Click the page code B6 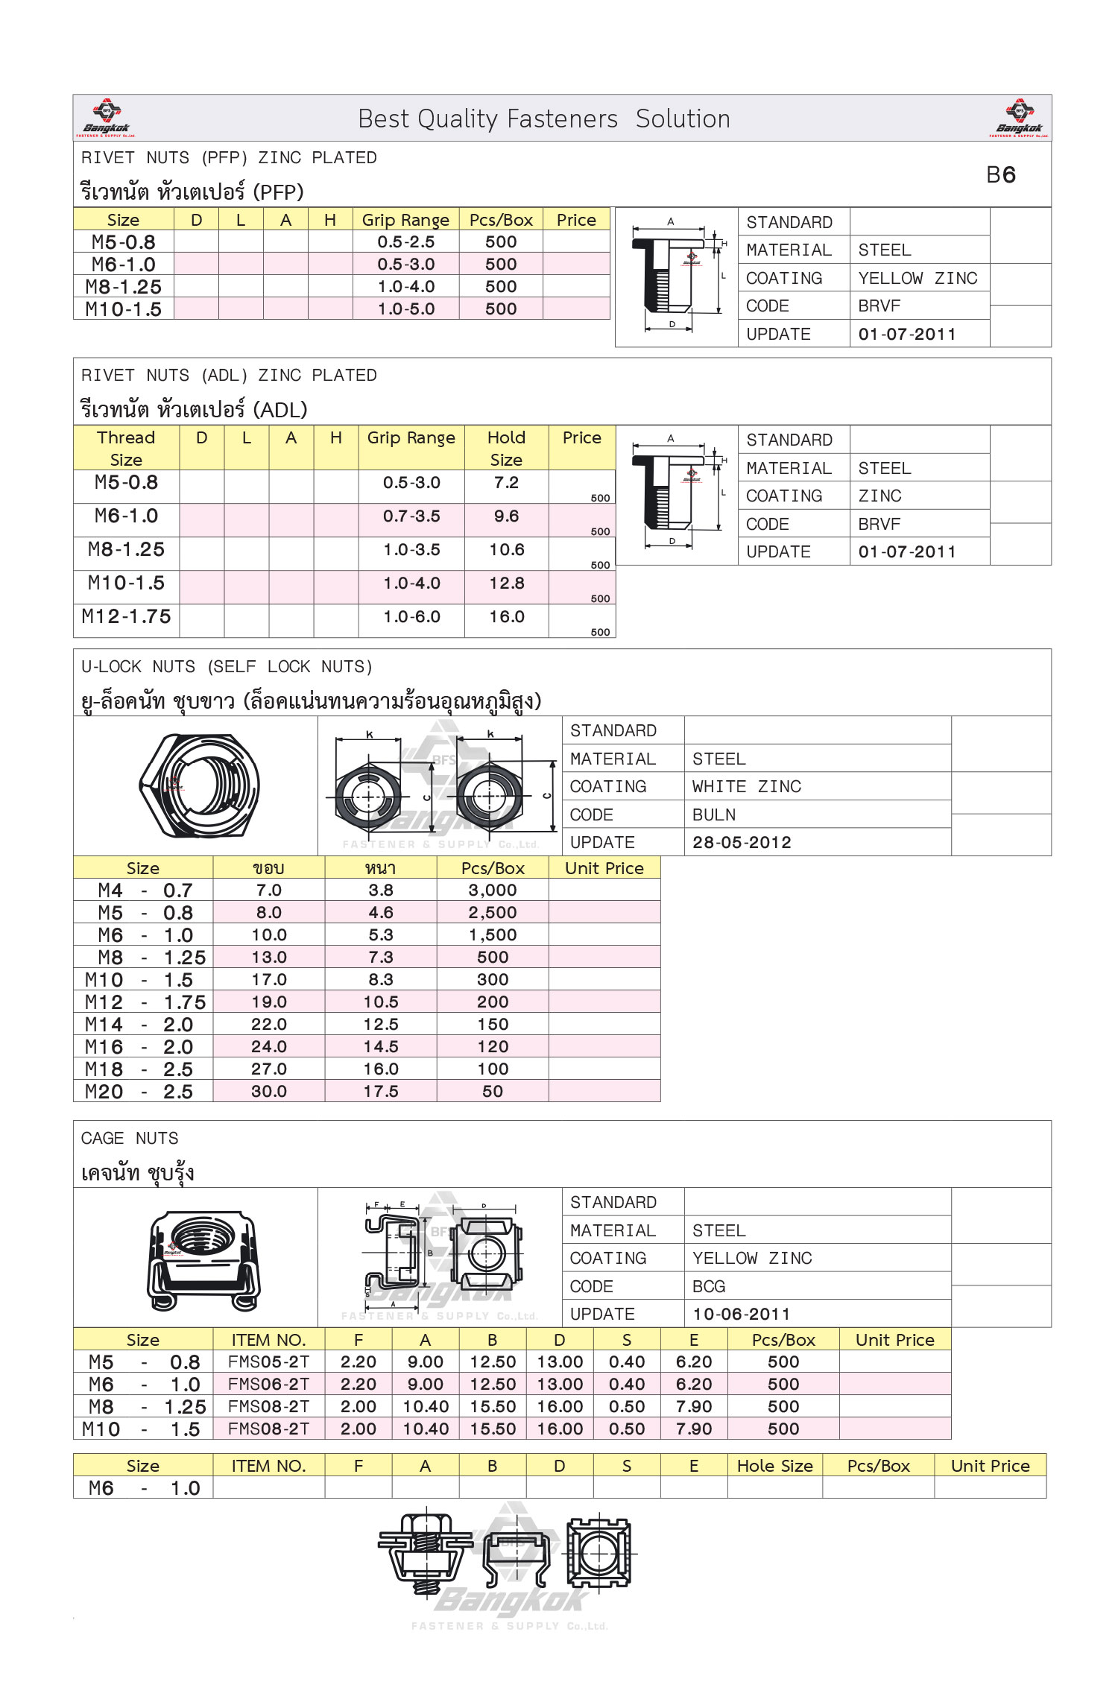(1000, 175)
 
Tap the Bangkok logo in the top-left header (106, 118)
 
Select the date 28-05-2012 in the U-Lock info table (742, 843)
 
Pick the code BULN (714, 815)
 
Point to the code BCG (709, 1286)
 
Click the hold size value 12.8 (507, 583)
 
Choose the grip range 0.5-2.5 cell (405, 242)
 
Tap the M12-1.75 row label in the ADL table (127, 617)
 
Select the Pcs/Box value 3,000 (493, 891)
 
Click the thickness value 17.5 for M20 (381, 1092)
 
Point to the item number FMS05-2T (268, 1362)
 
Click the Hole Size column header (774, 1466)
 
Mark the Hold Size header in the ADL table (506, 448)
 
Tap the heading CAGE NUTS (130, 1139)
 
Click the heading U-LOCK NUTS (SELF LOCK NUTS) (227, 667)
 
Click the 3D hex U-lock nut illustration (200, 785)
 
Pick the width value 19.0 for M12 (269, 1002)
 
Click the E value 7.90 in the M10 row (694, 1429)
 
